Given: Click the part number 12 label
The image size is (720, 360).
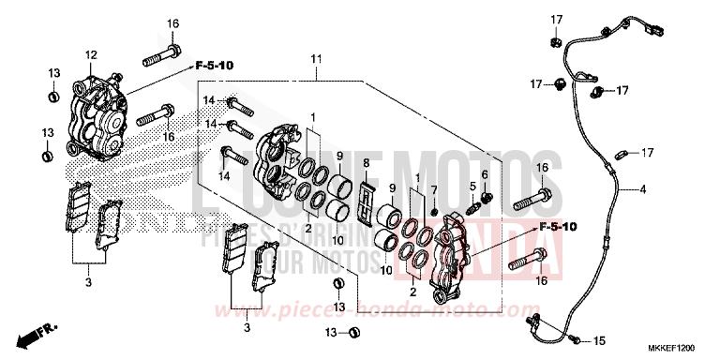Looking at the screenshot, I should [x=92, y=54].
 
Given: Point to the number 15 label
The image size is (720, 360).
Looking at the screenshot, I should [x=600, y=340].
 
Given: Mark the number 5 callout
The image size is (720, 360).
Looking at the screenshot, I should [x=473, y=186].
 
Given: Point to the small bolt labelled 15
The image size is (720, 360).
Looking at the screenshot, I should [x=573, y=338].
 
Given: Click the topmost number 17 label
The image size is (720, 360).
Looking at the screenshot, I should [x=555, y=20].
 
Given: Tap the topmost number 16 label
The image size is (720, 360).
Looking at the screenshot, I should [x=172, y=22].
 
